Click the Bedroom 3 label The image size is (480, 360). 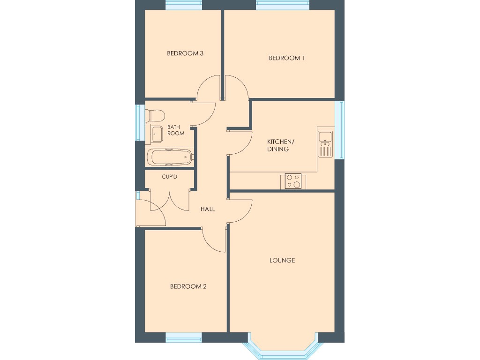(x=185, y=53)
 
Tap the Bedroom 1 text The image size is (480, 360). (x=286, y=58)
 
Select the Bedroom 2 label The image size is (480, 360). (x=188, y=286)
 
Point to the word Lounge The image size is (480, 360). (x=282, y=260)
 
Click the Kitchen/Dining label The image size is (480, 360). (x=281, y=145)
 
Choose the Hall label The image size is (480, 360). (x=208, y=209)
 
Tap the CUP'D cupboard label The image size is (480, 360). (x=169, y=177)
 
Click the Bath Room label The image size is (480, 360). (x=176, y=130)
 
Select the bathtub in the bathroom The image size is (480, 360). (x=170, y=157)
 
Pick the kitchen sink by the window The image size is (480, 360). (x=325, y=142)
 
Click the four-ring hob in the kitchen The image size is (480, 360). (x=293, y=181)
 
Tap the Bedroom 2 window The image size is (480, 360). (x=184, y=337)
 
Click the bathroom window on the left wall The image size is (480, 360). (x=138, y=122)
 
